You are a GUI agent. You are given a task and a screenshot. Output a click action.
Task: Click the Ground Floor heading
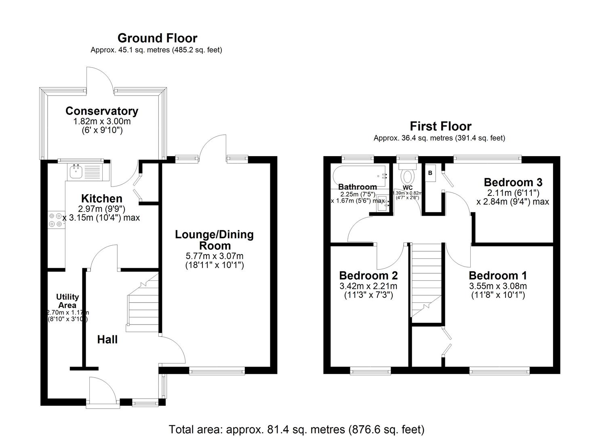157,38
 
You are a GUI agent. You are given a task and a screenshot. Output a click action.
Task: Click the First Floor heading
440,126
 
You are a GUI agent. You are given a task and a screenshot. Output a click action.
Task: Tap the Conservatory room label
102,111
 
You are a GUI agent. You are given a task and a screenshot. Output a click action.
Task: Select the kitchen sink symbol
76,172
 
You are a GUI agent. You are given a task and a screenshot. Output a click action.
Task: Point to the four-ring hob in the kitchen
56,220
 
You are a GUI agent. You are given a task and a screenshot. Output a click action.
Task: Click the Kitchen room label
102,198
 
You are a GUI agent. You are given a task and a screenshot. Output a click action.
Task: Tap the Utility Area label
67,301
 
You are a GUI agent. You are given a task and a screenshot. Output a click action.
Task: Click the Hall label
107,339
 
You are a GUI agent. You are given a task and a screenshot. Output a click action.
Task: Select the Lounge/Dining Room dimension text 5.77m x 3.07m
214,256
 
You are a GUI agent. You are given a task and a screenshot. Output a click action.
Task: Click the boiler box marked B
430,173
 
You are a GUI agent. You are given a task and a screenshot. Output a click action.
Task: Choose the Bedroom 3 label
513,182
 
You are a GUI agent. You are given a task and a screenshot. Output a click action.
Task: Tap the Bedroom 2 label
368,276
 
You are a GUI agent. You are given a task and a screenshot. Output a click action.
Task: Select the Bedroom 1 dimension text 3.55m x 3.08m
498,286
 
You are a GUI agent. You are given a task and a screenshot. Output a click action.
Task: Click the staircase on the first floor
425,279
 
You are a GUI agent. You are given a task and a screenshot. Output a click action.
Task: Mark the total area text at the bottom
296,429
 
